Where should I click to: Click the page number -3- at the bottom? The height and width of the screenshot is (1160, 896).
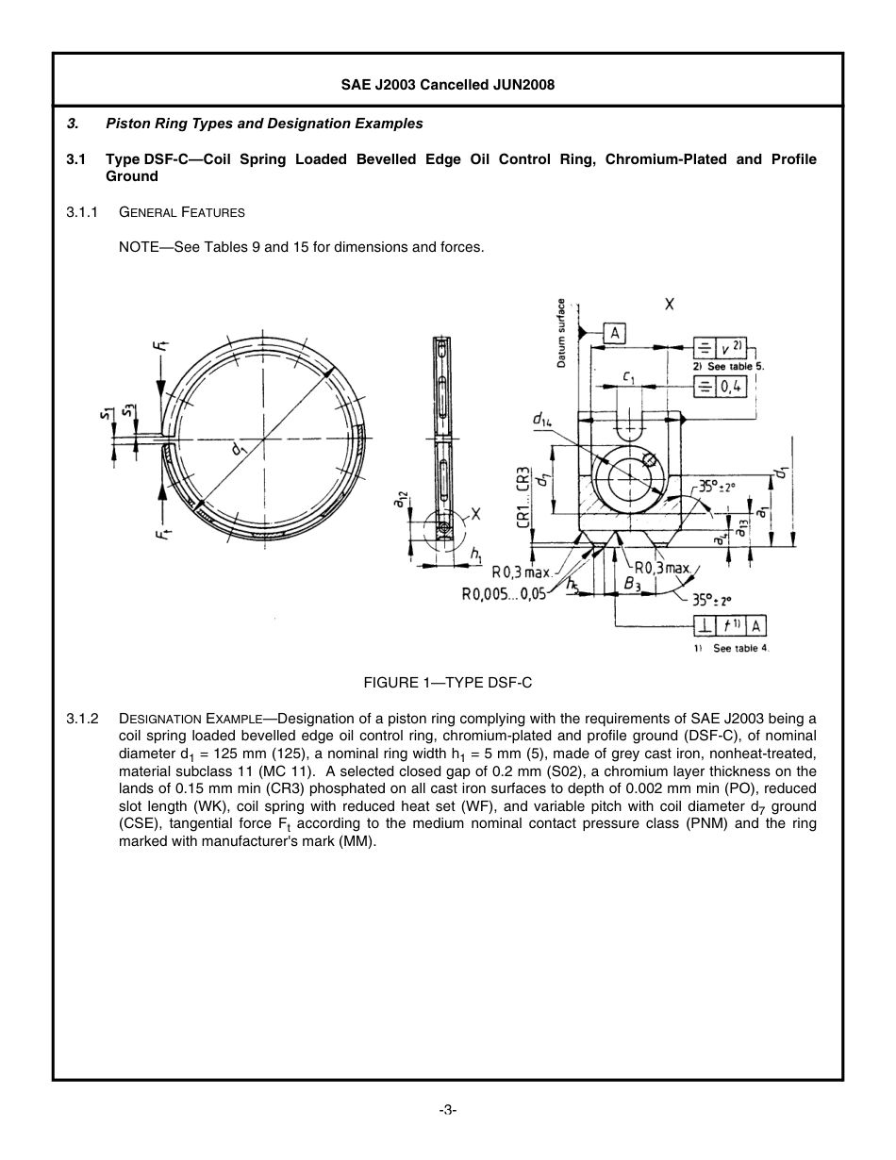(448, 1110)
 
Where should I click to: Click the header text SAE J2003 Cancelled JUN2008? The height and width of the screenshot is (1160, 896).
(448, 84)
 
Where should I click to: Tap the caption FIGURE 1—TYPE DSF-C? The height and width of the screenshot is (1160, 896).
(448, 682)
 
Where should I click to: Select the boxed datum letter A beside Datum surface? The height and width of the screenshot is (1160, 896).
(614, 333)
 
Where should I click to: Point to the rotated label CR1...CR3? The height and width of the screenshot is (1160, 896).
(522, 496)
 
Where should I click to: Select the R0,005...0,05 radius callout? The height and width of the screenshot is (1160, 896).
(503, 593)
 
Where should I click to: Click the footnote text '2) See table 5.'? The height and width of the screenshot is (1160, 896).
(728, 366)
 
